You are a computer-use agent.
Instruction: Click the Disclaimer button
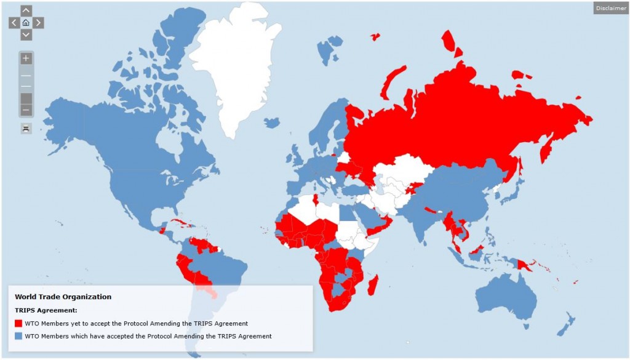(611, 8)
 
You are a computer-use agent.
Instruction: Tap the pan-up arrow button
(26, 10)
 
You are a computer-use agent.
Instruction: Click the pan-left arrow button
(14, 23)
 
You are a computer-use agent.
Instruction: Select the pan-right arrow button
(38, 23)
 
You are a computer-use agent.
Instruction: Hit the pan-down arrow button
(26, 34)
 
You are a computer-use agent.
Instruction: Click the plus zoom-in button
(26, 59)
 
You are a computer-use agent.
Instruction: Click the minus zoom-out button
(26, 110)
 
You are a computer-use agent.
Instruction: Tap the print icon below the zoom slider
(26, 128)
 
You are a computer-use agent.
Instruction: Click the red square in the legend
(18, 323)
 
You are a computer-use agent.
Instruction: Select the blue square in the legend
(18, 336)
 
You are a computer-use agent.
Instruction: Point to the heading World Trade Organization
(63, 297)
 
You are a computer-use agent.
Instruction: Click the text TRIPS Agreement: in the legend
(46, 310)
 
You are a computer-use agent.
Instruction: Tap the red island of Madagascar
(373, 285)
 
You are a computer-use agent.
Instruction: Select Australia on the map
(504, 295)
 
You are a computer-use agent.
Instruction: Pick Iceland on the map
(271, 122)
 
